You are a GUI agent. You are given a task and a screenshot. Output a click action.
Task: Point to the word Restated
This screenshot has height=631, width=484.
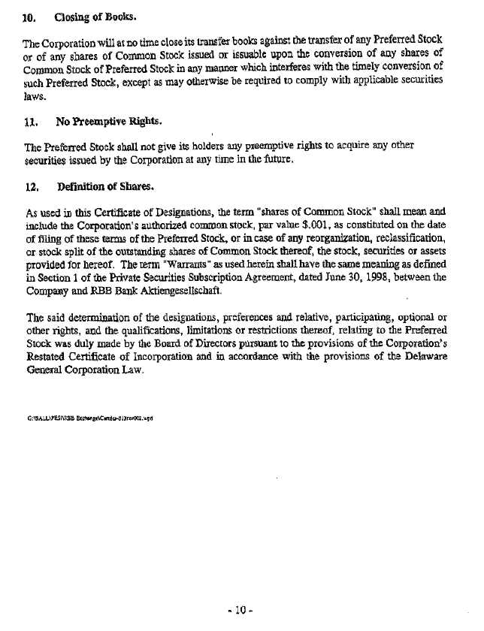(50, 357)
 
